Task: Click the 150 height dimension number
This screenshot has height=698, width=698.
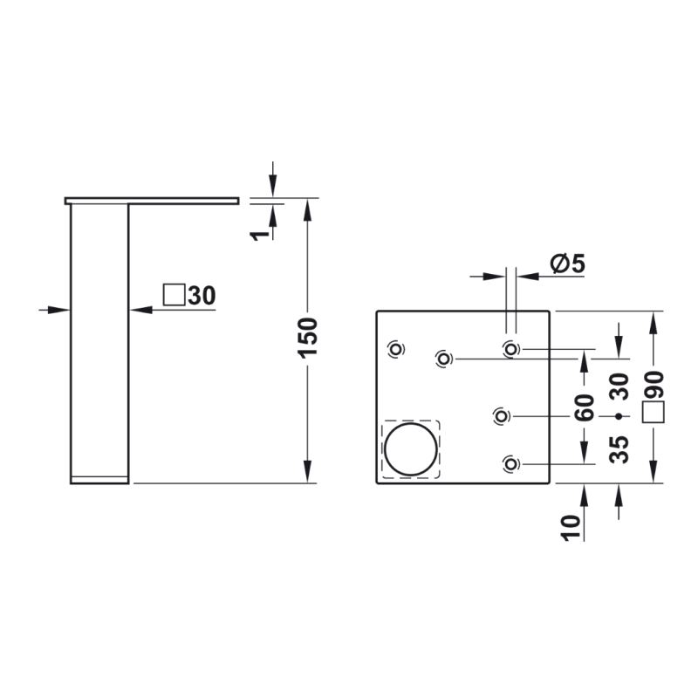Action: click(x=307, y=338)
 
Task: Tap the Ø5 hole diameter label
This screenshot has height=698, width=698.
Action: click(x=568, y=263)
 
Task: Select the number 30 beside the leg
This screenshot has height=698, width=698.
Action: click(x=202, y=295)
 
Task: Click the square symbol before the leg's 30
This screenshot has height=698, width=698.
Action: click(x=174, y=295)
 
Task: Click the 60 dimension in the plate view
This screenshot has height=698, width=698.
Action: click(x=585, y=407)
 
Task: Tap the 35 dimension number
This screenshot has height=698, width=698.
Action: click(x=619, y=449)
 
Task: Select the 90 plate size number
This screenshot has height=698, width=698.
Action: click(x=654, y=385)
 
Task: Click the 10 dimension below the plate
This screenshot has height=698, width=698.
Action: click(x=572, y=528)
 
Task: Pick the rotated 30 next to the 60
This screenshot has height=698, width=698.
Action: click(x=619, y=387)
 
